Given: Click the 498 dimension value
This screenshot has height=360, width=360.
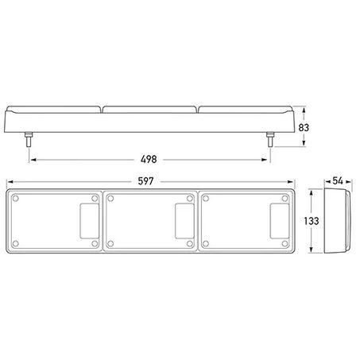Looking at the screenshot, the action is [x=149, y=159].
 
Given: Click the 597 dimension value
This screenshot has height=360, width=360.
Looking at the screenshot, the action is [x=145, y=181].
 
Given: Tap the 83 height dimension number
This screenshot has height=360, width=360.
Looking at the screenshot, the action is [x=304, y=128].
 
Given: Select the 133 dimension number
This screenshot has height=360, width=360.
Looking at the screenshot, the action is [x=312, y=221].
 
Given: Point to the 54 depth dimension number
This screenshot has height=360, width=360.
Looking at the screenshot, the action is [x=338, y=181].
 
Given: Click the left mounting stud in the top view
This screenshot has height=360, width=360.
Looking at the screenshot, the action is [x=29, y=139].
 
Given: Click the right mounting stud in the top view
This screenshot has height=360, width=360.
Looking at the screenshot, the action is [x=270, y=139].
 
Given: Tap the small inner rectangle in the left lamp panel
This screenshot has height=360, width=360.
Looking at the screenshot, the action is [x=90, y=221].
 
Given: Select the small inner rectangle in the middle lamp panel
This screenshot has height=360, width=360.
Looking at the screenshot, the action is [x=184, y=221].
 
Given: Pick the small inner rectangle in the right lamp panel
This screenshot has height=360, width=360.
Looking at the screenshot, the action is [x=280, y=221].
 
